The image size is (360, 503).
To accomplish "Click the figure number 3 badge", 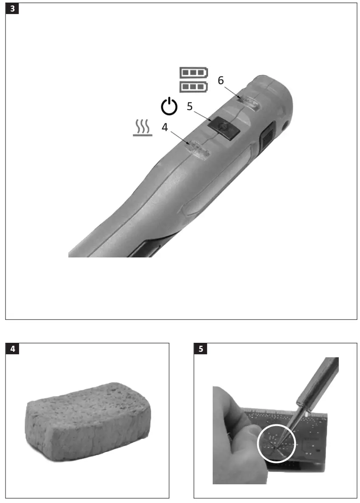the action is pyautogui.click(x=12, y=8).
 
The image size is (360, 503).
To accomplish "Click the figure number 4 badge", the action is pyautogui.click(x=12, y=348).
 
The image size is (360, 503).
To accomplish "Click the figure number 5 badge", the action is pyautogui.click(x=201, y=348).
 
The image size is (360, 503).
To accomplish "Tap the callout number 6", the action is pyautogui.click(x=221, y=80).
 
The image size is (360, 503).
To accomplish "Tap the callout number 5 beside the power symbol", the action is pyautogui.click(x=190, y=106).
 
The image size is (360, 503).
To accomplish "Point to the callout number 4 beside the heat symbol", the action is pyautogui.click(x=165, y=127).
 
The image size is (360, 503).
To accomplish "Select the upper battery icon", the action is pyautogui.click(x=194, y=73).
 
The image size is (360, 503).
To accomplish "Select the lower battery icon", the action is pyautogui.click(x=194, y=87).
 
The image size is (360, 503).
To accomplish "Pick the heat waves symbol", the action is pyautogui.click(x=143, y=128).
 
